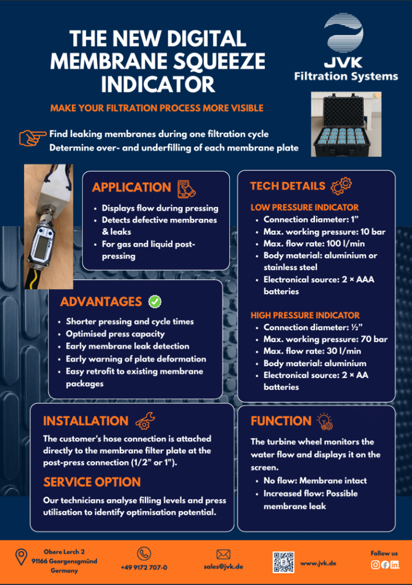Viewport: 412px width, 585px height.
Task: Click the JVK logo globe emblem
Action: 344,33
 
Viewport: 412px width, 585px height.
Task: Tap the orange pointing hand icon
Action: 33,138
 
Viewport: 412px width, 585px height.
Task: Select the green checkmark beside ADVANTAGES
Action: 155,302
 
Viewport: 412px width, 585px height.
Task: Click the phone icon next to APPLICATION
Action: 186,189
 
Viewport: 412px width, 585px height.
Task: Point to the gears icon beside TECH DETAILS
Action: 341,186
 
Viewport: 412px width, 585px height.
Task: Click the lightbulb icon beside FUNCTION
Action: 325,422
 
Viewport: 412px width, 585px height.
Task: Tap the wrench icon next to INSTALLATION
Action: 145,421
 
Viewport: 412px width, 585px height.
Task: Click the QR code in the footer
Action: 284,562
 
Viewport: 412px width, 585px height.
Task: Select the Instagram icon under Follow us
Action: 375,564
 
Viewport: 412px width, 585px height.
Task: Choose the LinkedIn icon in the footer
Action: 394,564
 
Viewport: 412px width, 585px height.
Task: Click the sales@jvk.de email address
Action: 223,566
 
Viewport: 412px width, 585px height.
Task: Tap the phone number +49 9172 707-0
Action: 144,567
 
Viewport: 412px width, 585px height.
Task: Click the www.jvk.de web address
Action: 318,563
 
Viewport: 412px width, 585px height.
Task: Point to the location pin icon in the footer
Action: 21,556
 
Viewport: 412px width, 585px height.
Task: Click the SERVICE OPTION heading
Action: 92,482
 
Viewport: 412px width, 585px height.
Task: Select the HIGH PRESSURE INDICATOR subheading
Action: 305,315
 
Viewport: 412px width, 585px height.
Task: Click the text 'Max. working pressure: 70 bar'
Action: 326,339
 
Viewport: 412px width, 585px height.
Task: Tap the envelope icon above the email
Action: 223,554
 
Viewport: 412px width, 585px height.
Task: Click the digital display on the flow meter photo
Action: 41,247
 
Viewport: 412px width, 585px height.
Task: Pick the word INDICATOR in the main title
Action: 158,85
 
